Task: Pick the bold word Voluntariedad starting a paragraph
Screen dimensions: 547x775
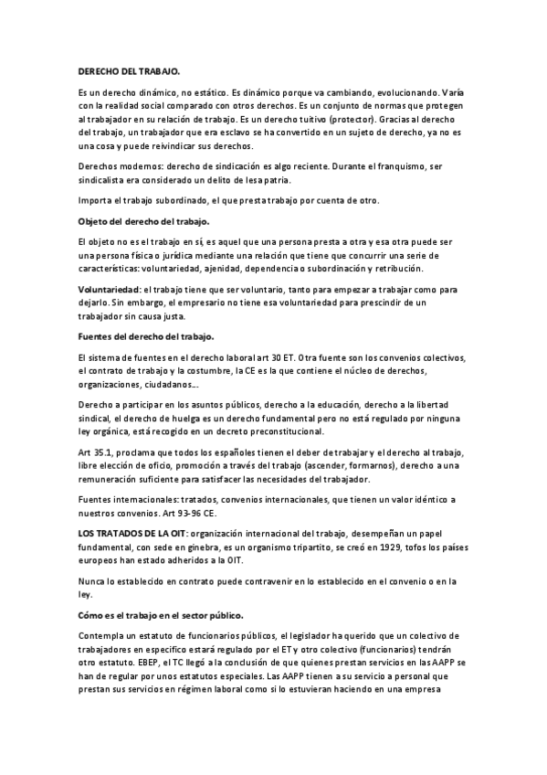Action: (110, 289)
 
